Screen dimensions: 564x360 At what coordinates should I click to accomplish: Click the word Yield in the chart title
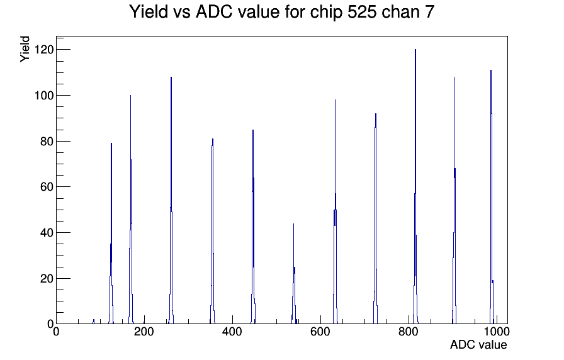tap(149, 11)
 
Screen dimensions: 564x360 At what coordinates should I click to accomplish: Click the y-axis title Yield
tap(25, 49)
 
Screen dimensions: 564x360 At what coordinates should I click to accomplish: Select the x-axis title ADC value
tap(478, 344)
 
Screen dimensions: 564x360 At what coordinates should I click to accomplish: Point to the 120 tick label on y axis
tap(44, 49)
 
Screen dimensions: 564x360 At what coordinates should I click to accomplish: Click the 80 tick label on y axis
tap(47, 142)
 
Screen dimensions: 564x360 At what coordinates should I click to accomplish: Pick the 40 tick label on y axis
tap(47, 233)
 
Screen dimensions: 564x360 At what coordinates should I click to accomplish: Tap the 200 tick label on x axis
tap(144, 331)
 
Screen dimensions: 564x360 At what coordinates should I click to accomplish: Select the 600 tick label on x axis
tap(320, 331)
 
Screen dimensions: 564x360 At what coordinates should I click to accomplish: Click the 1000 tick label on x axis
tap(497, 331)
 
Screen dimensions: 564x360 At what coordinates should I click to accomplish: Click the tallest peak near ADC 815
tap(415, 187)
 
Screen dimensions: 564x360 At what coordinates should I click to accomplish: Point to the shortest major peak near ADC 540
tap(294, 273)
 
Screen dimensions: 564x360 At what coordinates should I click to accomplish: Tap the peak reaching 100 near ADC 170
tap(130, 208)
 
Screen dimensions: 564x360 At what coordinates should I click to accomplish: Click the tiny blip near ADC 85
tap(94, 322)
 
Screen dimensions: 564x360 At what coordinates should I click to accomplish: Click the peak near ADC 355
tap(213, 230)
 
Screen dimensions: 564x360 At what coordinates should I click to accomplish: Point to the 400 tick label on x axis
tap(232, 331)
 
